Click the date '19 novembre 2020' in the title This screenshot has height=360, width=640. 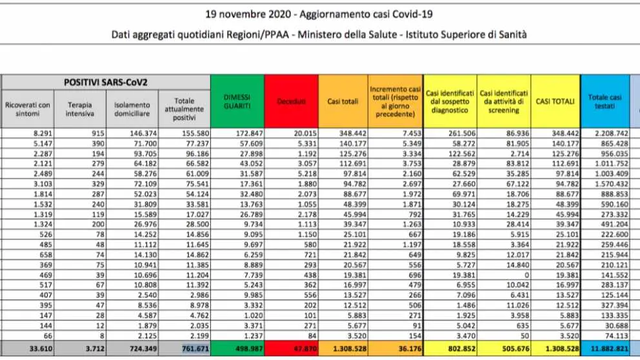[x=248, y=14]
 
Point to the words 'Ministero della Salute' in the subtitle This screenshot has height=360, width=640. [x=347, y=35]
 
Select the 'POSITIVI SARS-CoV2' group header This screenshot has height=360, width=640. [x=106, y=83]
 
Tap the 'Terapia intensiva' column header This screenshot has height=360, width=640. [x=80, y=109]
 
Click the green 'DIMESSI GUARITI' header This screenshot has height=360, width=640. [x=237, y=101]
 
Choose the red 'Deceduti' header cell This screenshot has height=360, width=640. [x=292, y=101]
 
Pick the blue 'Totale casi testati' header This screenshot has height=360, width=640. [x=605, y=101]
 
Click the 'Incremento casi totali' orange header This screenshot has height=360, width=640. [x=395, y=101]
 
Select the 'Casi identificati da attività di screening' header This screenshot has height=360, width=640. [x=504, y=101]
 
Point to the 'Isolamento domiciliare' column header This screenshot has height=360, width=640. [x=132, y=109]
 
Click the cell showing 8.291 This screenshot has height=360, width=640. [x=43, y=134]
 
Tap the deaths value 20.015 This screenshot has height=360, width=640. [x=305, y=134]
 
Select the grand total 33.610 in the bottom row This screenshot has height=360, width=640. [x=41, y=349]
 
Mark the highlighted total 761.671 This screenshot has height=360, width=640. [x=195, y=349]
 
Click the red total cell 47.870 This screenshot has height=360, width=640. [x=305, y=349]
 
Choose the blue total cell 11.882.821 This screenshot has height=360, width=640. [x=610, y=349]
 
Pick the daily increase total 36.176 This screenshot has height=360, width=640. [x=410, y=349]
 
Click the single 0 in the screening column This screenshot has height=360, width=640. [x=527, y=275]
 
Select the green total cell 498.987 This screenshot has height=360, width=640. [x=249, y=349]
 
